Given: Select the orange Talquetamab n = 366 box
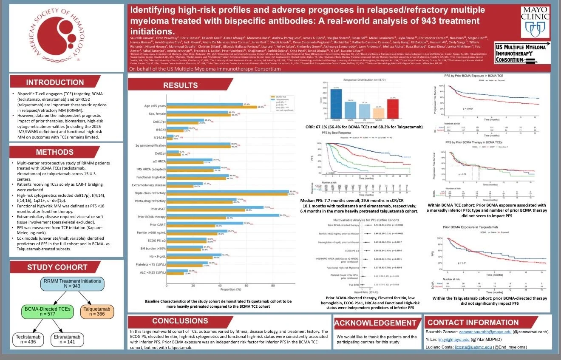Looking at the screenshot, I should pyautogui.click(x=97, y=312).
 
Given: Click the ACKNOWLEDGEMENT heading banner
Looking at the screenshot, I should pyautogui.click(x=377, y=323).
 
